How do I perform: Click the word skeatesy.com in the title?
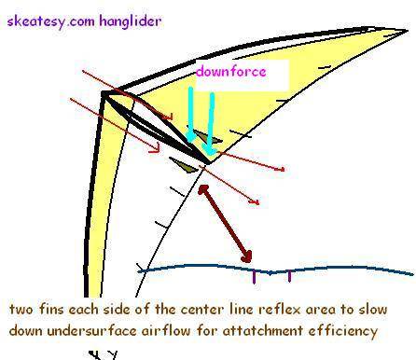[x=50, y=21]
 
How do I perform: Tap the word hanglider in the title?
[x=131, y=21]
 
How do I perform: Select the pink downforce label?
[x=231, y=71]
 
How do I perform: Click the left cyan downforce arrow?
[x=190, y=115]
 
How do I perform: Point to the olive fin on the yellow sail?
[x=207, y=137]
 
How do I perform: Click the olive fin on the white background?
[x=184, y=165]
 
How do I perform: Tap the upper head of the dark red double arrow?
[x=203, y=189]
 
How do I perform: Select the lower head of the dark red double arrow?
[x=247, y=257]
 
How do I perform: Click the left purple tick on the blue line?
[x=255, y=277]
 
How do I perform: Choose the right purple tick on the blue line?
[x=289, y=276]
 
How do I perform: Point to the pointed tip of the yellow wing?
[x=407, y=30]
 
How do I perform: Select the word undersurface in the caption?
[x=91, y=330]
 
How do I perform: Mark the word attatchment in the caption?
[x=263, y=330]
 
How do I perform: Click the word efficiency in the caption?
[x=343, y=330]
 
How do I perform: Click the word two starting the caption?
[x=21, y=310]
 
